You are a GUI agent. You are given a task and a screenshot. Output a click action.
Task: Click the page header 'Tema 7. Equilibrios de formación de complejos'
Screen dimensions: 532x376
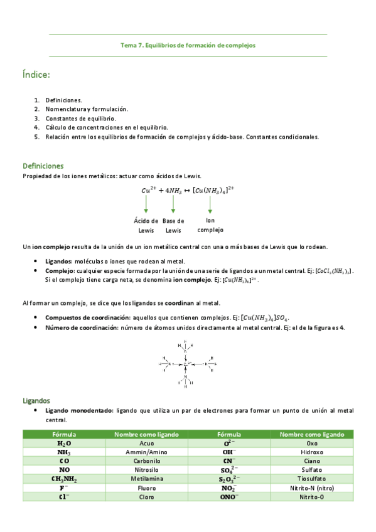coord(188,45)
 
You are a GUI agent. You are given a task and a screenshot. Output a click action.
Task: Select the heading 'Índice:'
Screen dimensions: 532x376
coord(36,75)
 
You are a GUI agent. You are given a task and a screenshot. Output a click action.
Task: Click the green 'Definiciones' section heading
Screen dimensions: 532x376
coord(43,166)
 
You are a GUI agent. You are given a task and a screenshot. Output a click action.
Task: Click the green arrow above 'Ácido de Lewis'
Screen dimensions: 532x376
coord(146,204)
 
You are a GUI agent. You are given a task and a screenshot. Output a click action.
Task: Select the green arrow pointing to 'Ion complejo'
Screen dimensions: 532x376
coord(210,204)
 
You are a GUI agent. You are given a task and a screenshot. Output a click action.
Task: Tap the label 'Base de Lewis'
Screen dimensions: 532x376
coord(173,225)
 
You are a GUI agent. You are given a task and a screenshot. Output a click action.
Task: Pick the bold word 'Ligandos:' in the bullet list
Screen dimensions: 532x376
coord(59,261)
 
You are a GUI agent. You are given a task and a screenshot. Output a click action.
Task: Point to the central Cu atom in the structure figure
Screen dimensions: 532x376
coord(187,363)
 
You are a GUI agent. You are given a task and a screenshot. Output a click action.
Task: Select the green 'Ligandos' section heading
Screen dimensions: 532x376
coord(36,400)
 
